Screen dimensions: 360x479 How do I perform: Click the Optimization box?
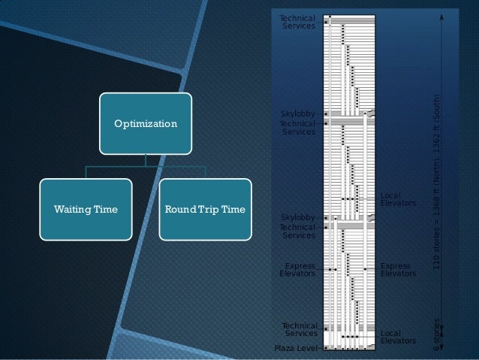(146, 122)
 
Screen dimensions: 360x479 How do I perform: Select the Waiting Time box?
(86, 209)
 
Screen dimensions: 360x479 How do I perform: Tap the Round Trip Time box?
(205, 209)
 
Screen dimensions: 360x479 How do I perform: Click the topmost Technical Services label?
(298, 22)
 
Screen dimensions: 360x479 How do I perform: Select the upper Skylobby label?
(297, 114)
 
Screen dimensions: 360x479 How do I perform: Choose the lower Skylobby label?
(297, 218)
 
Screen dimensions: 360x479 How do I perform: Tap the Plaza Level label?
(297, 349)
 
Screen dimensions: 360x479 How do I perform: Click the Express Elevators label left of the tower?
(298, 270)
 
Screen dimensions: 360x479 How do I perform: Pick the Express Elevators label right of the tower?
(396, 270)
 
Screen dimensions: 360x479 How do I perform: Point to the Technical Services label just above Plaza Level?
(300, 329)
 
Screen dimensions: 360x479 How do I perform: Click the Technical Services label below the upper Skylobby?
(298, 128)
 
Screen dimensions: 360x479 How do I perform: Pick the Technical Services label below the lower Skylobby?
(298, 231)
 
